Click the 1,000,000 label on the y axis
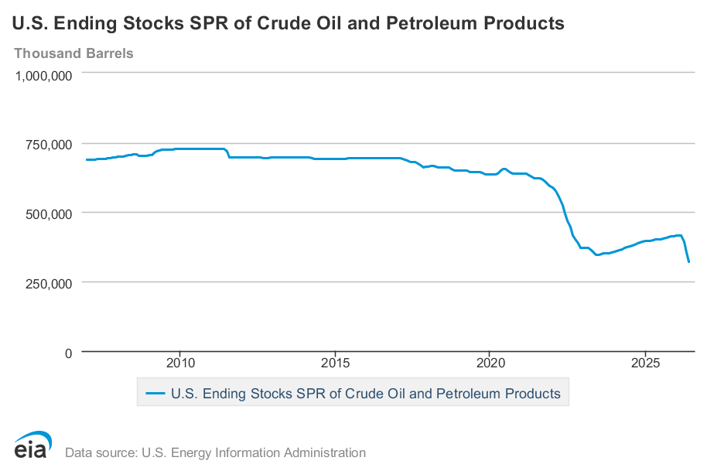[44, 76]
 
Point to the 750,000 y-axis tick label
[49, 145]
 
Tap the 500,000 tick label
[49, 214]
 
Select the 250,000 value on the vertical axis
[49, 284]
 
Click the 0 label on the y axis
[68, 353]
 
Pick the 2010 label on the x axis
[180, 363]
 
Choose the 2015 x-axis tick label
[335, 363]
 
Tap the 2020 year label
[490, 363]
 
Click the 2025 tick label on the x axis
[645, 363]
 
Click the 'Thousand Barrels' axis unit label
[73, 53]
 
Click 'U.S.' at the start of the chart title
[29, 23]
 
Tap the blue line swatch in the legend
[155, 394]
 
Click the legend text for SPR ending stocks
[366, 394]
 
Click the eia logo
[32, 445]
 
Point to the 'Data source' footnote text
[216, 452]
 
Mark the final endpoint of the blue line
[688, 262]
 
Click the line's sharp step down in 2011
[228, 153]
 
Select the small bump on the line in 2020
[504, 169]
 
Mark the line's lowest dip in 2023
[597, 254]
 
